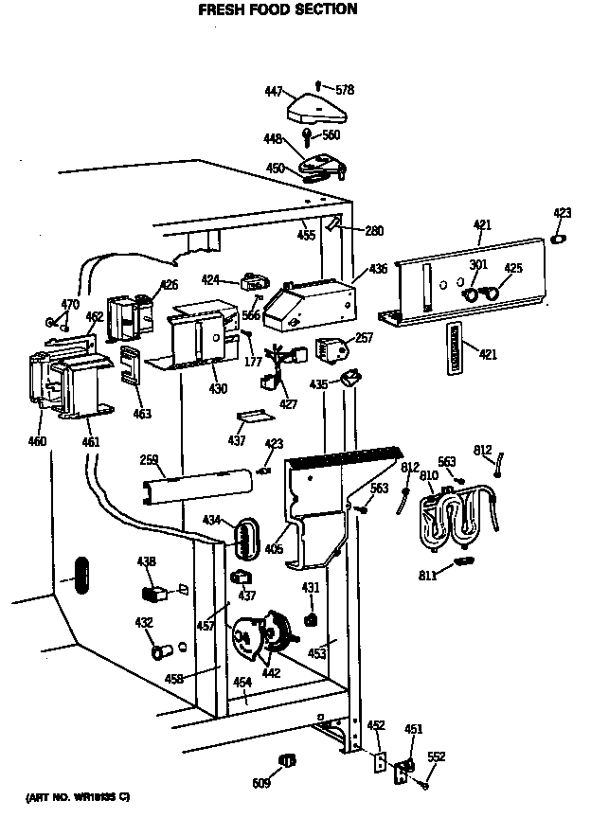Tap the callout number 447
pos(274,91)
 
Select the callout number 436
pos(378,270)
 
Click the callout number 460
pos(37,440)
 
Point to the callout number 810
pos(429,474)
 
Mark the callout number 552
pos(436,756)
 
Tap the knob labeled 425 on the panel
pos(491,295)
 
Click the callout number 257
pos(365,338)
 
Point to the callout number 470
pos(70,304)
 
